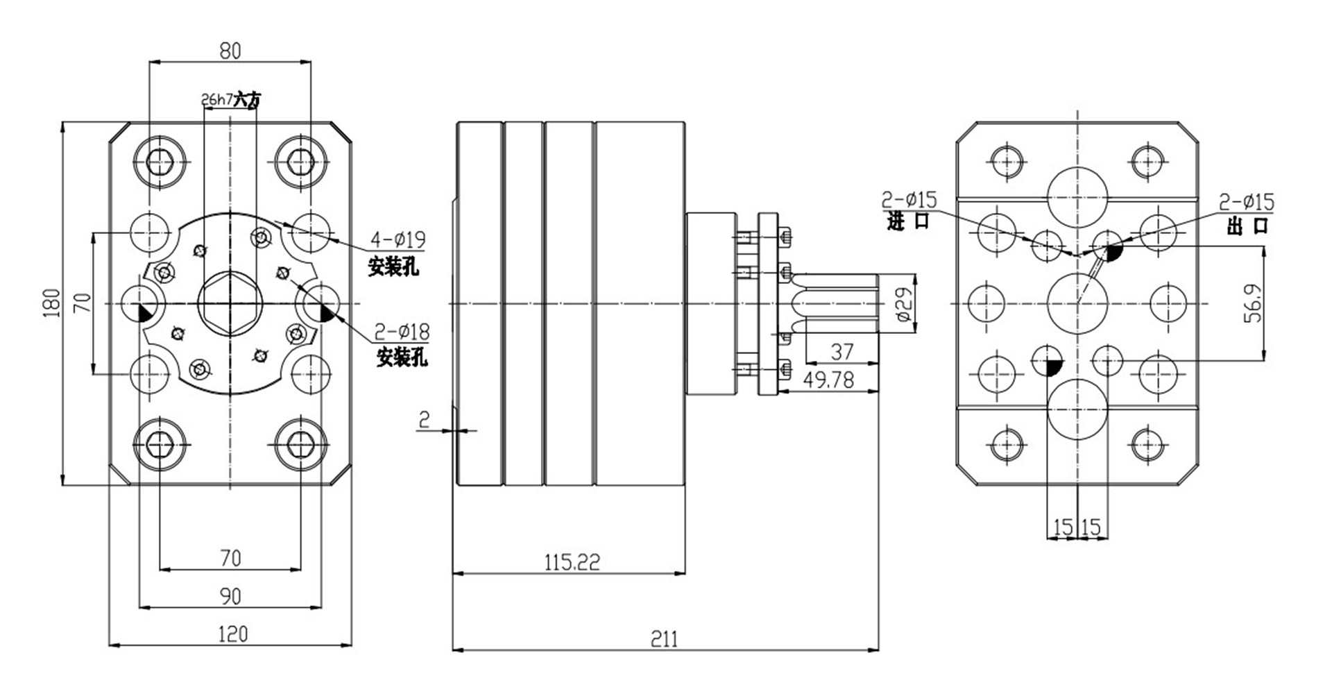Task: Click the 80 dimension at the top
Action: coord(230,51)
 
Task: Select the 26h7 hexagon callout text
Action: coord(217,100)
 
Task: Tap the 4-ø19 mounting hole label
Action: coord(398,240)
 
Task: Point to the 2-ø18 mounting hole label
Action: coord(402,332)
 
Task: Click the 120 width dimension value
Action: coord(232,634)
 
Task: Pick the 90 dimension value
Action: coord(230,596)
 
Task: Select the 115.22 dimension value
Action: coord(572,561)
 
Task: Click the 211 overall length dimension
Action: coord(664,638)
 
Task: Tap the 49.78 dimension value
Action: coord(828,380)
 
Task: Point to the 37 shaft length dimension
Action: coord(842,352)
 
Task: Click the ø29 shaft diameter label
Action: coord(903,305)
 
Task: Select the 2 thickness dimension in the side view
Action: coord(425,419)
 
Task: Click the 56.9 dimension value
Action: coord(1253,303)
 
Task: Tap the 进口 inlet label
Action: coord(907,223)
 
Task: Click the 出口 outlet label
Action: coord(1247,226)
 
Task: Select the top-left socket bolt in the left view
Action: coord(160,163)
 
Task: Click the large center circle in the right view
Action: coord(1077,303)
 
